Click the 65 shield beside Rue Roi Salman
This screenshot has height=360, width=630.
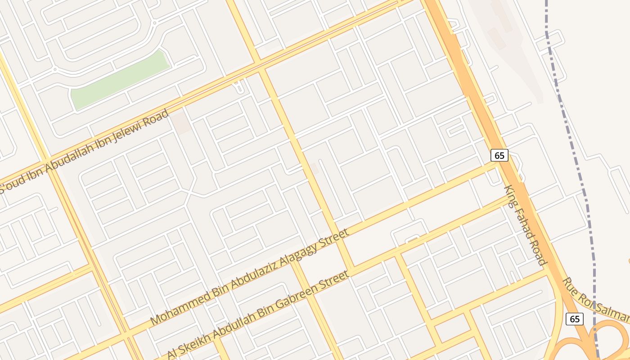coord(575,319)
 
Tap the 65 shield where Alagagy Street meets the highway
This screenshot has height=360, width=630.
coord(499,155)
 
